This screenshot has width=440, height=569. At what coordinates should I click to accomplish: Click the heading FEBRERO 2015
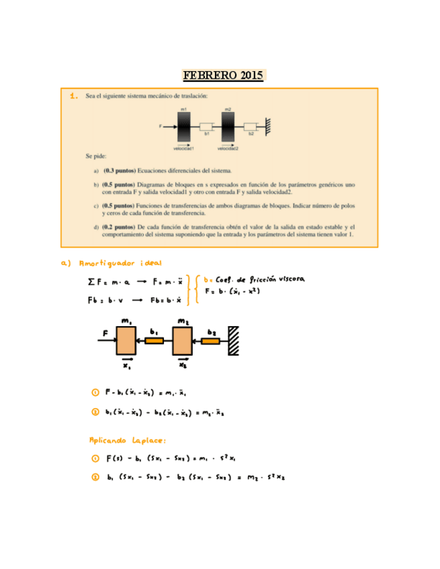(x=224, y=75)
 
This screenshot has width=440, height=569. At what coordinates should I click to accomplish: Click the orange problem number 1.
(x=74, y=97)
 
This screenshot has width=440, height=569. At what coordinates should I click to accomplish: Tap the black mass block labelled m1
(x=184, y=126)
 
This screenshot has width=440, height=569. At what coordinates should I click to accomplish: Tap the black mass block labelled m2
(x=228, y=126)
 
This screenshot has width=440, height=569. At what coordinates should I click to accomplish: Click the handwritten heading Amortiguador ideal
(x=120, y=263)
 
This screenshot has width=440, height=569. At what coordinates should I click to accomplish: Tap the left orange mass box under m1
(x=126, y=340)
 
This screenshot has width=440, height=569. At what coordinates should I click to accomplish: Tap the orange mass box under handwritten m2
(x=183, y=340)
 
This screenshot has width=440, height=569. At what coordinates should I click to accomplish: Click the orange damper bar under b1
(x=155, y=341)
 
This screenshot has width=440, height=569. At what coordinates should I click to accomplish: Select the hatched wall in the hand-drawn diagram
(x=234, y=340)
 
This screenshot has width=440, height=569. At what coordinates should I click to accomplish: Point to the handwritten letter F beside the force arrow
(x=105, y=332)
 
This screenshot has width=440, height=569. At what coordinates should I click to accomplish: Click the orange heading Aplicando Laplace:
(x=128, y=440)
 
